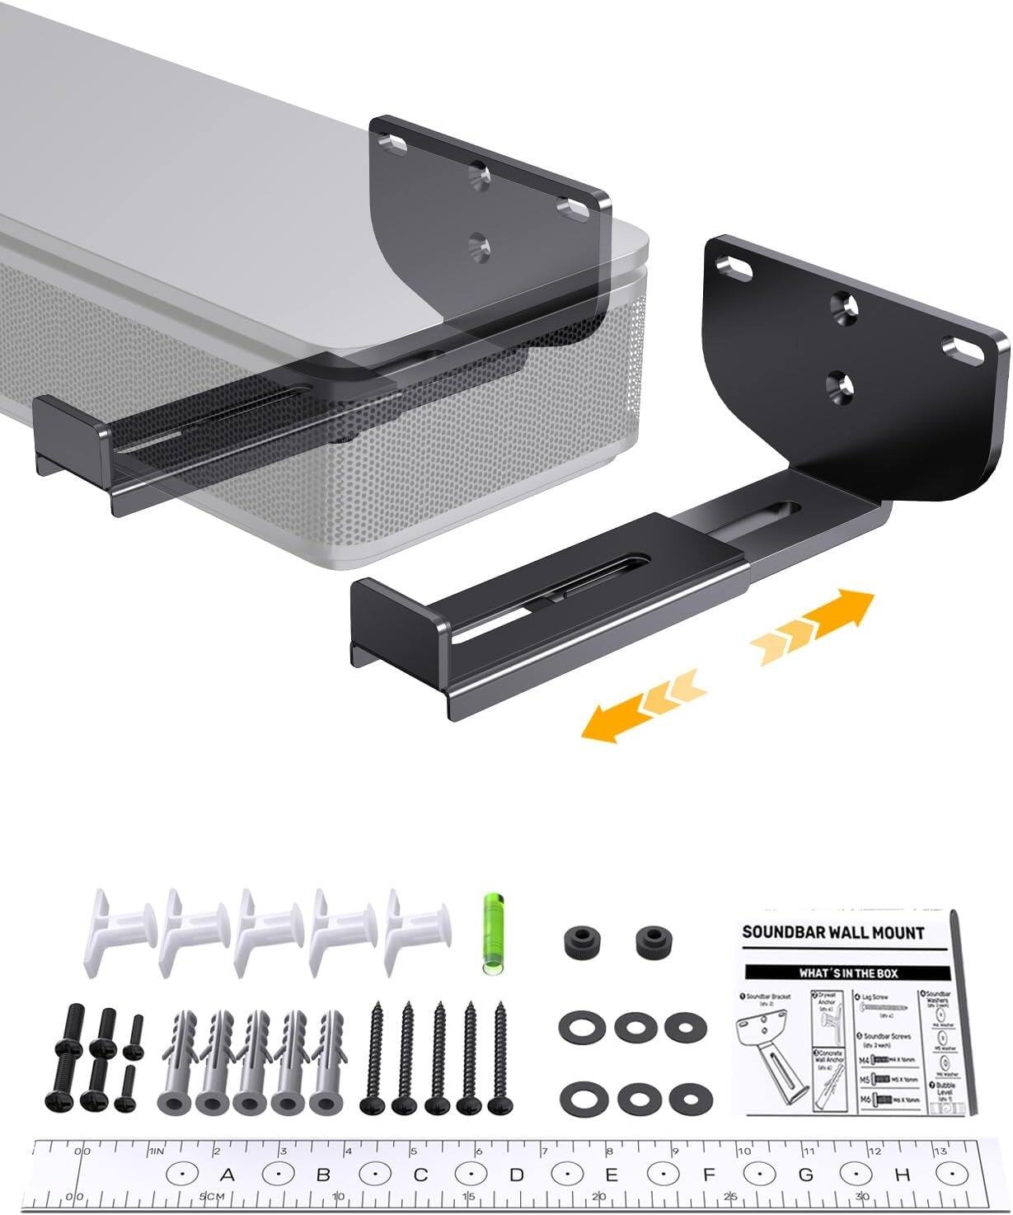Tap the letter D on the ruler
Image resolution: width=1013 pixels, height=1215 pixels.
(517, 1175)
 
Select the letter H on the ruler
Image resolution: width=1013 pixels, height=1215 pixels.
(902, 1175)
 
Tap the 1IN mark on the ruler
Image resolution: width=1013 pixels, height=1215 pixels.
(157, 1151)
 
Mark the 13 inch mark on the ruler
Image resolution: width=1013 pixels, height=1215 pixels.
(939, 1151)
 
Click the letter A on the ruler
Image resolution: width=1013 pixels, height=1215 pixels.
(228, 1175)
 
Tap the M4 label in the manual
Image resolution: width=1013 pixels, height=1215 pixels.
(865, 1059)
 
